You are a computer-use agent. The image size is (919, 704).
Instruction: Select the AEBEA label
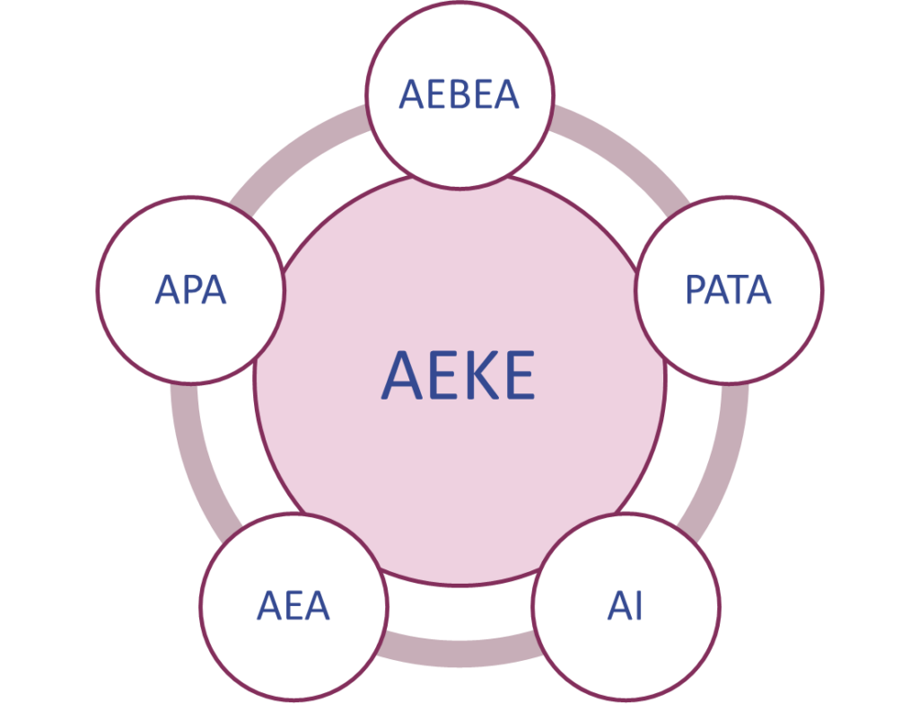[x=459, y=94]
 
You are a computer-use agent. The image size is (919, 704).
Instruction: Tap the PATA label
[x=728, y=290]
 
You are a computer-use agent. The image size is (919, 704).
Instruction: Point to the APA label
[x=190, y=290]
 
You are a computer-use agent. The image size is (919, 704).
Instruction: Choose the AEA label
[x=293, y=606]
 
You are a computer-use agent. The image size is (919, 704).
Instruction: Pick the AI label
[x=625, y=606]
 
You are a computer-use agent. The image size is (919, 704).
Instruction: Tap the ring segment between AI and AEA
[x=459, y=648]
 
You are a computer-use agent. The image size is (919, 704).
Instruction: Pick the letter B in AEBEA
[x=459, y=94]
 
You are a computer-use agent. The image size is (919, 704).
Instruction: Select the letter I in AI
[x=638, y=606]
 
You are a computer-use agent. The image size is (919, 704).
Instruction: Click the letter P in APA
[x=190, y=290]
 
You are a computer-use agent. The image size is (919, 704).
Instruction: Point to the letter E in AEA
[x=293, y=606]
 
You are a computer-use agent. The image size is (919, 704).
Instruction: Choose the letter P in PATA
[x=696, y=290]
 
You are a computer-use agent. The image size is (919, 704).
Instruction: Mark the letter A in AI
[x=617, y=606]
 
